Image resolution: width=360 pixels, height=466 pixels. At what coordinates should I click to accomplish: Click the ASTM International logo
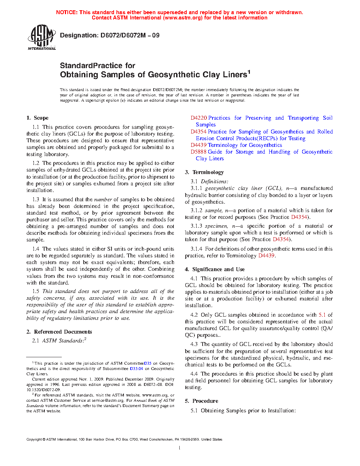point(41,37)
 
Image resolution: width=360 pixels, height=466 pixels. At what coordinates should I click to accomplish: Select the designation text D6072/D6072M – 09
point(130,35)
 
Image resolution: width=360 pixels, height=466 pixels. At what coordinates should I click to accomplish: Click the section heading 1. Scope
point(37,118)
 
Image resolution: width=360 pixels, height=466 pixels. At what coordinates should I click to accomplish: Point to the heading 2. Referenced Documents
point(59,332)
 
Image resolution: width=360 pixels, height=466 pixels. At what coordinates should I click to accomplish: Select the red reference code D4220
point(199,118)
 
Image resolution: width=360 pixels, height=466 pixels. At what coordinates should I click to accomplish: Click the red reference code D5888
point(198,152)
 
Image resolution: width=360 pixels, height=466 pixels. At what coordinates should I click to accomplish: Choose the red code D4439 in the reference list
point(198,145)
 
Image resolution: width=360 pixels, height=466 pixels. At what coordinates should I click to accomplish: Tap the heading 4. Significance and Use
point(215,269)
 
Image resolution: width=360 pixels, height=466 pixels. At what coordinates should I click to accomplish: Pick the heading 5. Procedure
point(202,401)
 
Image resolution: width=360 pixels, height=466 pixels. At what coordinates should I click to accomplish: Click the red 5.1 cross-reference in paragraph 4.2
point(322,315)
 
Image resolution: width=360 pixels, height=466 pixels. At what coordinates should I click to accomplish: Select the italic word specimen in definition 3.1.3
point(216,226)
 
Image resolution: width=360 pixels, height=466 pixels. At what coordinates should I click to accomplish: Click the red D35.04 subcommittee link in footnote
point(136,369)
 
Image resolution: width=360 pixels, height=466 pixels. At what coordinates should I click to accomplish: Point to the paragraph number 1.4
point(36,249)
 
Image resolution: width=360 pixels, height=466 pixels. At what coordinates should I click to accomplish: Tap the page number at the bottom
point(180,448)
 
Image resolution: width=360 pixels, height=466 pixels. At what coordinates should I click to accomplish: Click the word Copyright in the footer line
point(34,440)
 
